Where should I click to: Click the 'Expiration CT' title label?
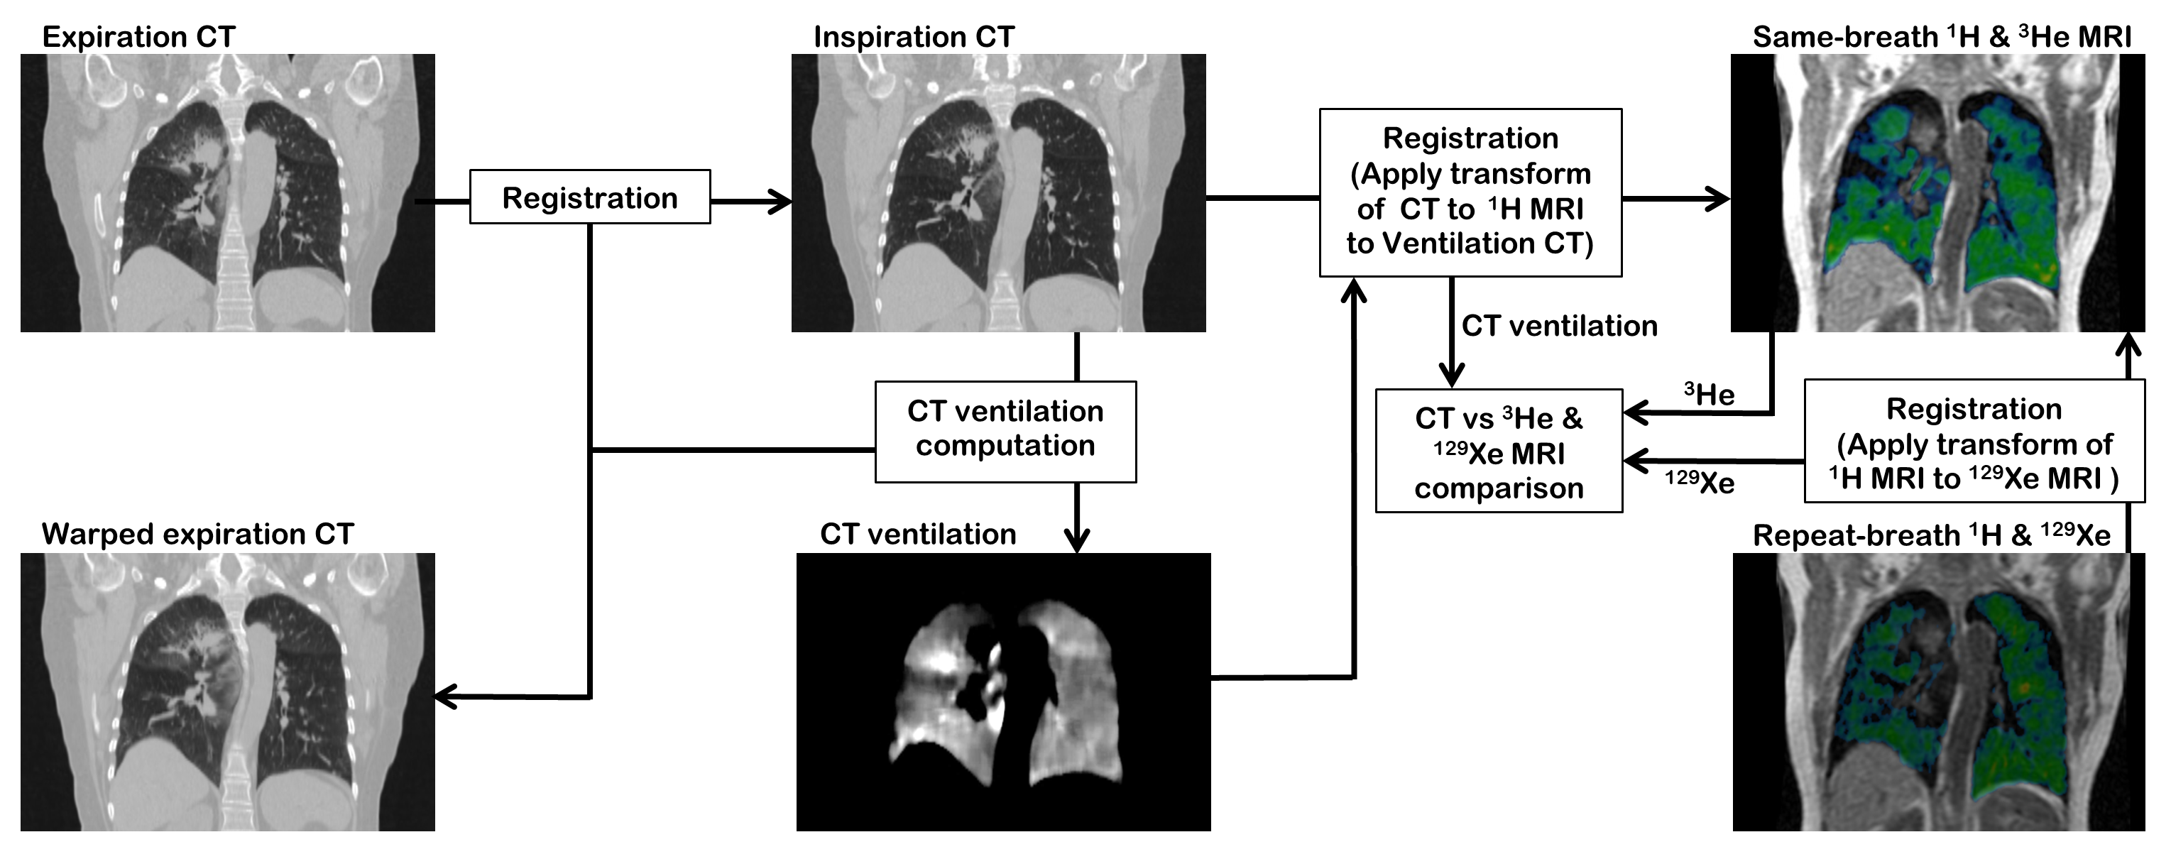click(x=138, y=37)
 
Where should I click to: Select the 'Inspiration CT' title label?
click(x=914, y=37)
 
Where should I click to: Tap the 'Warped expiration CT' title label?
click(x=197, y=535)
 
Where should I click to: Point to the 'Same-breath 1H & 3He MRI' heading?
click(x=1942, y=37)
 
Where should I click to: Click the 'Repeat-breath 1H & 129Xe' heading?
click(x=1932, y=535)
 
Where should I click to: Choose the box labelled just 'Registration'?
click(x=590, y=198)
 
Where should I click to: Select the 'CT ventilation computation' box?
click(x=1005, y=431)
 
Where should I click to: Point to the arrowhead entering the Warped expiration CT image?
click(x=445, y=696)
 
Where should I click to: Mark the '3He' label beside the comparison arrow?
click(x=1709, y=394)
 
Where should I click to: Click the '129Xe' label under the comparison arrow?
click(x=1699, y=482)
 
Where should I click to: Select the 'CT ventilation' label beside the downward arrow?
click(x=1559, y=327)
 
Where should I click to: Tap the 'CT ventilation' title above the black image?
click(x=918, y=535)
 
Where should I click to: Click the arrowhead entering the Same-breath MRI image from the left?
click(x=1719, y=199)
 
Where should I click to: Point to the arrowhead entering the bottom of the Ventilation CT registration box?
click(x=1354, y=290)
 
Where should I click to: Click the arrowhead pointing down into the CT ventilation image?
click(x=1077, y=540)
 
